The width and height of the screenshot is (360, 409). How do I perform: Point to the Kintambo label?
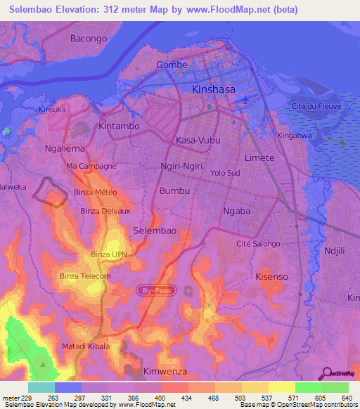tap(120, 126)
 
